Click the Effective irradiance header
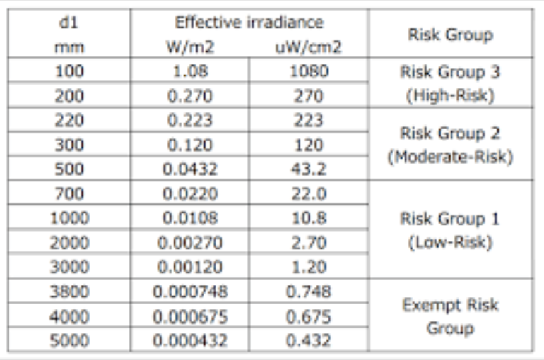pos(249,23)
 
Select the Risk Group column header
pos(451,35)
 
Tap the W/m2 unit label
pos(190,47)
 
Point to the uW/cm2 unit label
pos(309,47)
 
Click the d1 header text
pos(69,23)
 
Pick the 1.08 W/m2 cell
pos(190,71)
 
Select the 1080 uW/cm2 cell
pos(309,71)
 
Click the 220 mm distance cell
pos(69,120)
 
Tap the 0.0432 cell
pos(190,169)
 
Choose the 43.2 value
pos(309,169)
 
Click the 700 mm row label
pos(69,193)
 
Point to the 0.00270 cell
pos(190,243)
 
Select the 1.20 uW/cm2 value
pos(309,267)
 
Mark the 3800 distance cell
pos(69,292)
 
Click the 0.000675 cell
pos(190,316)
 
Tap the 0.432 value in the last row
pos(309,340)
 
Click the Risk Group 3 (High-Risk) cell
pos(451,83)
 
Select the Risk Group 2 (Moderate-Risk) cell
pos(451,145)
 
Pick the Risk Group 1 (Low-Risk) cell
pos(451,230)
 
